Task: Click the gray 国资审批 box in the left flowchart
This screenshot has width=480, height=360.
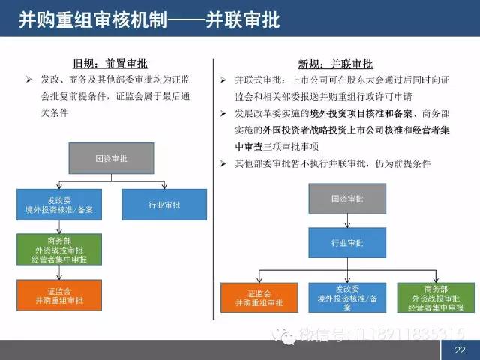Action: coord(112,159)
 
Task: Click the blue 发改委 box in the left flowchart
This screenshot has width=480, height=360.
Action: coord(60,204)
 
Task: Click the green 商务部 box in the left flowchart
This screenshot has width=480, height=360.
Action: coord(60,247)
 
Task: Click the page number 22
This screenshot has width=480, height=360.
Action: coord(460,350)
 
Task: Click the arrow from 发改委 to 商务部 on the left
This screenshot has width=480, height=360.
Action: coord(60,226)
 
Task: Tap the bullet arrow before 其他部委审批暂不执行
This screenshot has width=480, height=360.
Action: coord(223,163)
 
